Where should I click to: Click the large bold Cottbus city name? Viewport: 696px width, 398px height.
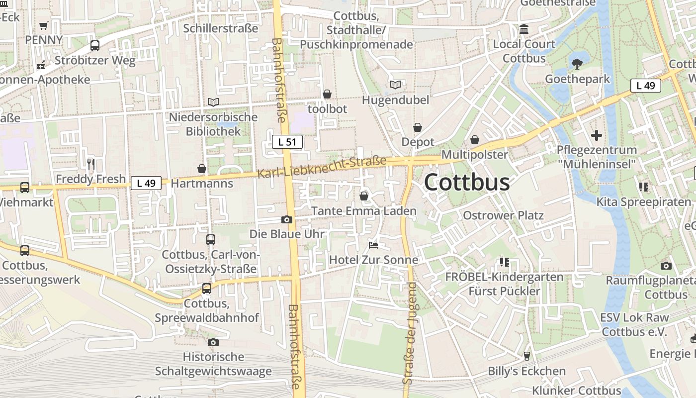click(467, 183)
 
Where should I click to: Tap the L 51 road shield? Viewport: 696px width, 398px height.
click(287, 142)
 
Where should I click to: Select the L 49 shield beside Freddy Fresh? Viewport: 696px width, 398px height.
click(146, 183)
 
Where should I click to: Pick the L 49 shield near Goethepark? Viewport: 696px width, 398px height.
click(646, 86)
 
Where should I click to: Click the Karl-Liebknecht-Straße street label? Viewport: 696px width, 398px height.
click(322, 168)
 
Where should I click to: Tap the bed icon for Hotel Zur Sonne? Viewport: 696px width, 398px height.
click(373, 245)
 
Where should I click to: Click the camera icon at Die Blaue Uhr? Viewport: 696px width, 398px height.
click(286, 219)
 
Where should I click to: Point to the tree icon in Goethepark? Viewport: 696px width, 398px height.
click(577, 64)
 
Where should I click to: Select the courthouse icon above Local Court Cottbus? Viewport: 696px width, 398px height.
click(524, 29)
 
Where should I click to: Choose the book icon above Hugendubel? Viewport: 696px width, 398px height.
click(395, 85)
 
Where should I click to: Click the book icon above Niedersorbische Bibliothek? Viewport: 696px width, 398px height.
click(213, 102)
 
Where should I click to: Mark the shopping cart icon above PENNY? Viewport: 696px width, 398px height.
click(44, 25)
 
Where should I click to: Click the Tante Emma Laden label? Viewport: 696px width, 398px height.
click(364, 211)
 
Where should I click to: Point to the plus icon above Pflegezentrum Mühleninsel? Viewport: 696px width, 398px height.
click(596, 135)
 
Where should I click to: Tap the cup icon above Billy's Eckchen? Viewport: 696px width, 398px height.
click(526, 356)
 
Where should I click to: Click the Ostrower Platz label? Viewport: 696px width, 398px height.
click(503, 215)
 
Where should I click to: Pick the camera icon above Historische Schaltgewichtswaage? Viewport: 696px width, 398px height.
click(213, 342)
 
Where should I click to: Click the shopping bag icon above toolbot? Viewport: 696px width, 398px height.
click(327, 94)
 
